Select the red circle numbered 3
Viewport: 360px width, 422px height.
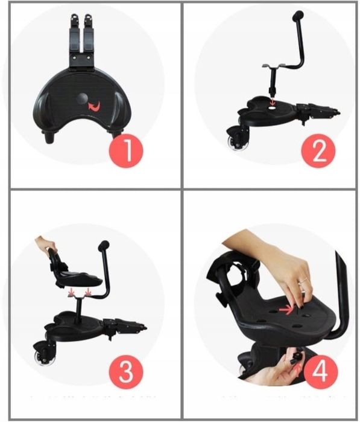[x=126, y=371]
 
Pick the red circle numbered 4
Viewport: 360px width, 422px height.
[x=321, y=371]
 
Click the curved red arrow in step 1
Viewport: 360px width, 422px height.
[x=94, y=106]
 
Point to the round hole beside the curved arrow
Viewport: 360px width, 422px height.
[x=81, y=98]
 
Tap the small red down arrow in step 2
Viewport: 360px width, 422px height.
[x=273, y=101]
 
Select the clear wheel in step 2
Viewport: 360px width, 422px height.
[x=234, y=142]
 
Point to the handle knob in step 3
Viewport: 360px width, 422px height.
[x=104, y=245]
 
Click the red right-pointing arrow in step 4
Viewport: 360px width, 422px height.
[x=286, y=310]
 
